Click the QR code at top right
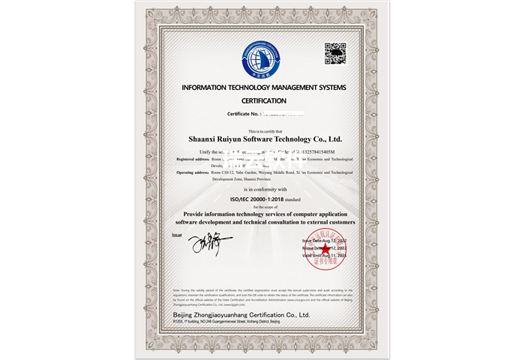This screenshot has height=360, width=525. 335,54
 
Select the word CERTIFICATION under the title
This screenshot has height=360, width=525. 264,100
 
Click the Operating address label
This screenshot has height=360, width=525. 193,172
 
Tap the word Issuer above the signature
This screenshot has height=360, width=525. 178,235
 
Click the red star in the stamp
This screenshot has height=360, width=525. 326,248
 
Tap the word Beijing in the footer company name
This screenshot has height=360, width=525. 184,316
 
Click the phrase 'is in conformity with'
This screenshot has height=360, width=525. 264,191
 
